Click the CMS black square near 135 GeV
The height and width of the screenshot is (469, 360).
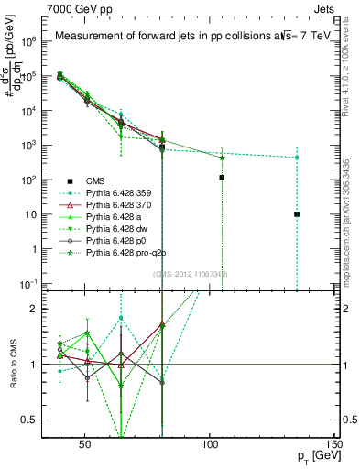pyautogui.click(x=297, y=214)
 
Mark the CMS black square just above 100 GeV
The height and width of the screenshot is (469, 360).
pyautogui.click(x=222, y=178)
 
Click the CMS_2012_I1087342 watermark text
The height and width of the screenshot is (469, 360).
pyautogui.click(x=191, y=274)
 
